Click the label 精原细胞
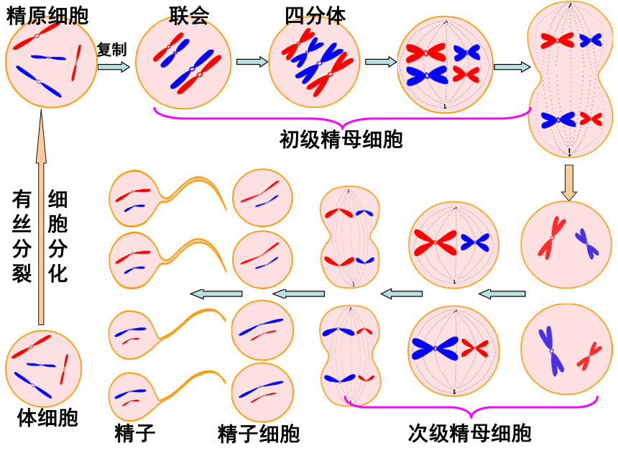[x=47, y=16]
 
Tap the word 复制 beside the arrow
[x=112, y=50]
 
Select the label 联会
[x=189, y=16]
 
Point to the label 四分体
[x=315, y=16]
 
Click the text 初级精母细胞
[x=341, y=140]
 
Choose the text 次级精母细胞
[x=470, y=433]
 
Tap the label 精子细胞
[x=259, y=434]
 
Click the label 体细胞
[x=47, y=417]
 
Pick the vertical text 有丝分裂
[x=22, y=236]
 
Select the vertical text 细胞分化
[x=57, y=236]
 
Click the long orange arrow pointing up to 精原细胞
[x=41, y=217]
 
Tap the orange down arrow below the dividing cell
[x=568, y=183]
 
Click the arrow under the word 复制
[x=114, y=67]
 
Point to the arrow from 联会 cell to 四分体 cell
[x=252, y=62]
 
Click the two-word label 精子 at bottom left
[x=135, y=434]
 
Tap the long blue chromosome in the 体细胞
[x=33, y=385]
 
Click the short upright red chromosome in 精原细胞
[x=76, y=63]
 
